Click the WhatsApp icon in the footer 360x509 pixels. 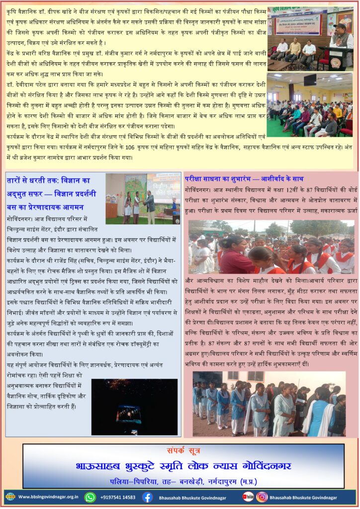(90, 497)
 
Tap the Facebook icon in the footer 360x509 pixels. (147, 497)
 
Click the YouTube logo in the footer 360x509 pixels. (248, 497)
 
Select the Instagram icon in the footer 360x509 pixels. (262, 497)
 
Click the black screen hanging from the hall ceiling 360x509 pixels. (310, 80)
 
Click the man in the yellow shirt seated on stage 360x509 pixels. (294, 49)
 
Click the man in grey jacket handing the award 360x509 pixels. (150, 203)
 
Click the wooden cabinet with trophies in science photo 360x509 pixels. (112, 210)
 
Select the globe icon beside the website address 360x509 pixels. (10, 497)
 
